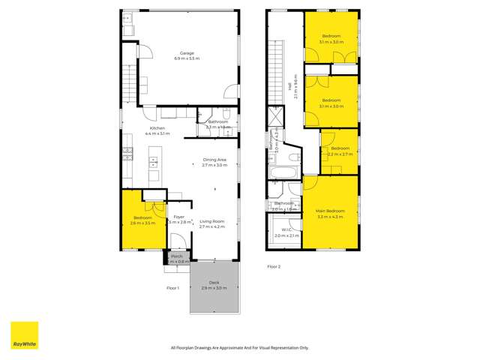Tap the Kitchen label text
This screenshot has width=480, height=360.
157,128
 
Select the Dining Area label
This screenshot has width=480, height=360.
214,160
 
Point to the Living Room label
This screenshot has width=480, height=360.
212,221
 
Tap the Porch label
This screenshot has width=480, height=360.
177,256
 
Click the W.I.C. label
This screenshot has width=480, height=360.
286,229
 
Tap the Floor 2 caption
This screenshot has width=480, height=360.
274,266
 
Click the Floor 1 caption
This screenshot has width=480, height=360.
173,287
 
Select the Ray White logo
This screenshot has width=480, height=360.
24,335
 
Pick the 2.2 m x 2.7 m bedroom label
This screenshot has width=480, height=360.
340,148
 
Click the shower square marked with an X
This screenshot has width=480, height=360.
274,117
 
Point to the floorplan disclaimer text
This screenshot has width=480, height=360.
239,347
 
